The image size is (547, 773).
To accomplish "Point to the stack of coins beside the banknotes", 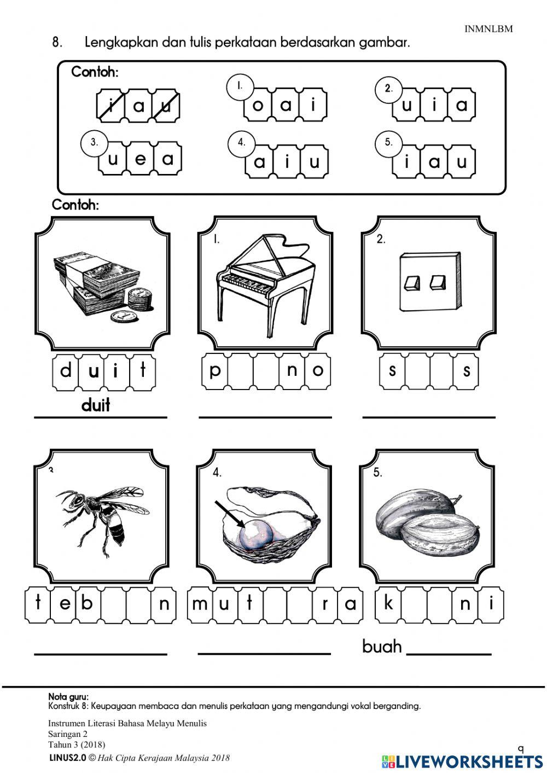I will [x=139, y=300].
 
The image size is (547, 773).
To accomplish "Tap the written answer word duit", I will [x=96, y=405].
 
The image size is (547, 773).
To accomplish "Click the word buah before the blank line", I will [x=382, y=647].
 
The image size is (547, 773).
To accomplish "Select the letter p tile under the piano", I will [x=214, y=370].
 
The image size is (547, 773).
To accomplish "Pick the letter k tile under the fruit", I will [x=388, y=603].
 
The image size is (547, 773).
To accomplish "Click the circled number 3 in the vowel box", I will [x=94, y=142].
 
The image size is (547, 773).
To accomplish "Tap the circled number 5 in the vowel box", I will [x=388, y=142].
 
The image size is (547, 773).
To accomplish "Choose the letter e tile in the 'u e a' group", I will [x=140, y=159].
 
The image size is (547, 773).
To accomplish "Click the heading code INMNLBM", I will [x=488, y=29].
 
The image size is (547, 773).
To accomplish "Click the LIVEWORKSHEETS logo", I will [x=462, y=761].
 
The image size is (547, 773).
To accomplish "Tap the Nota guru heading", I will [x=68, y=696].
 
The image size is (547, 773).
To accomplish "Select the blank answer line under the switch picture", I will [x=428, y=417].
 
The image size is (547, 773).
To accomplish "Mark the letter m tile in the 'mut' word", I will [x=200, y=603].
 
